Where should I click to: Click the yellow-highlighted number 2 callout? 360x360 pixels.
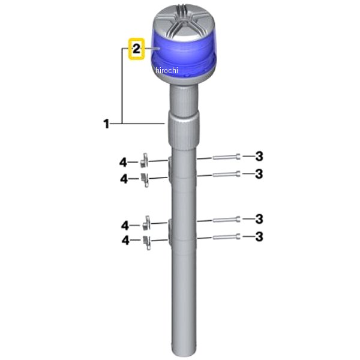pyautogui.click(x=136, y=49)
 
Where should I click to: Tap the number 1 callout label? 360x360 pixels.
pyautogui.click(x=106, y=124)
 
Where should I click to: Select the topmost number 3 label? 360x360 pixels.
pyautogui.click(x=259, y=157)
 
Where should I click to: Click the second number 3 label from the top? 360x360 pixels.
pyautogui.click(x=259, y=174)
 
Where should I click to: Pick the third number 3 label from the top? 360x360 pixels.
pyautogui.click(x=259, y=219)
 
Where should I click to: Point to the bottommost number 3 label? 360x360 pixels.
pyautogui.click(x=259, y=237)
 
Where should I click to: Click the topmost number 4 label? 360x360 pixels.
pyautogui.click(x=123, y=163)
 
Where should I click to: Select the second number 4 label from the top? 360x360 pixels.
pyautogui.click(x=124, y=179)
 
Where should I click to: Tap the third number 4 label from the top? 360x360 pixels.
pyautogui.click(x=125, y=226)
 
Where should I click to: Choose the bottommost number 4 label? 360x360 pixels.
pyautogui.click(x=125, y=241)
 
